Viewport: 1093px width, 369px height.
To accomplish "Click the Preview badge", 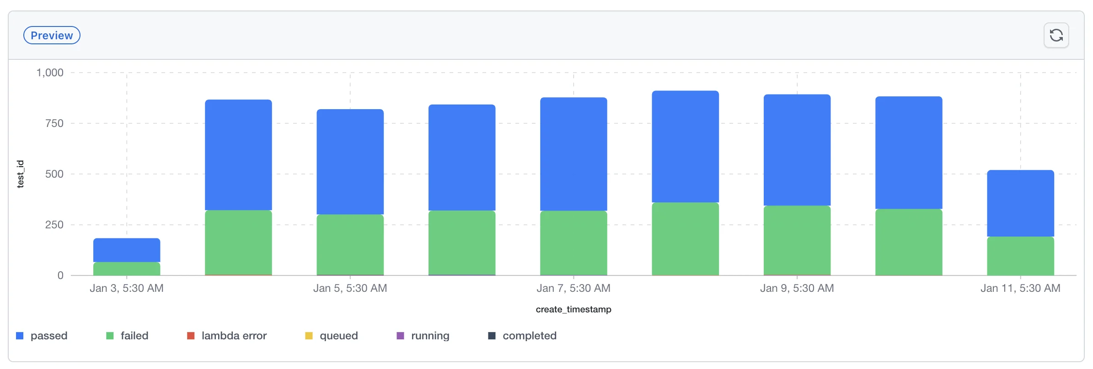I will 52,36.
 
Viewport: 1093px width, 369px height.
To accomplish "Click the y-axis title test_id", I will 20,174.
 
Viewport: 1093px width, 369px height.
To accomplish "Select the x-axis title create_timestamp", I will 573,310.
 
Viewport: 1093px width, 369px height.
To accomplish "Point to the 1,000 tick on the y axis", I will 50,73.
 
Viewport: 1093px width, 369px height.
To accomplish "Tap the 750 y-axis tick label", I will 54,123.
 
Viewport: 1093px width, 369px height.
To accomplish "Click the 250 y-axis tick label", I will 54,225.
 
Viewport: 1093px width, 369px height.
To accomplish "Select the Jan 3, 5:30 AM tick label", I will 126,288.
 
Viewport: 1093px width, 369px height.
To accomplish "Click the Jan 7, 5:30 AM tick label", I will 573,288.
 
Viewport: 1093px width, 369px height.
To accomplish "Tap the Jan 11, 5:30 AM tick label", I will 1020,288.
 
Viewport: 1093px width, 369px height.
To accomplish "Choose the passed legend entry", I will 42,336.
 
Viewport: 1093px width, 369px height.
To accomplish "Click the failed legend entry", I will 128,336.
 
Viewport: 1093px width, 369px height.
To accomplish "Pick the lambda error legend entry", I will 227,336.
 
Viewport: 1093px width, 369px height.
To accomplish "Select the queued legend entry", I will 332,336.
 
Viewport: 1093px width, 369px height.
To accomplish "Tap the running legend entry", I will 423,336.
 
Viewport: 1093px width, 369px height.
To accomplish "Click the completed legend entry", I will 523,336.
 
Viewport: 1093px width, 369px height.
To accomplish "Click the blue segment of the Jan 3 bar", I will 127,250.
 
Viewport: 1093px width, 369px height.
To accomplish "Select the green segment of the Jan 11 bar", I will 1020,256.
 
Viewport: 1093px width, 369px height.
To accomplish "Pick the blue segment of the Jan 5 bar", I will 350,162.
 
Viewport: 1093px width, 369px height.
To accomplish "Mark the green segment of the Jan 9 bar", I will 797,240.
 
